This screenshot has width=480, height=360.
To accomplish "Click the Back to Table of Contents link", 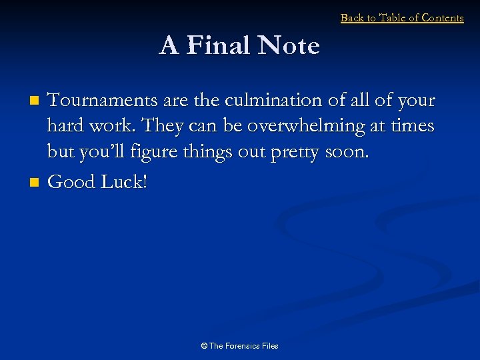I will (401, 18).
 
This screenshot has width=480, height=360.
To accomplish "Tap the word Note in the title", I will (289, 46).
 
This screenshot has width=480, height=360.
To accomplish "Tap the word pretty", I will (296, 152).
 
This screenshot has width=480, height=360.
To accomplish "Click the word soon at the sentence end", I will (346, 152).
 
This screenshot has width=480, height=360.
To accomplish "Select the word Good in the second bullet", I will (72, 181).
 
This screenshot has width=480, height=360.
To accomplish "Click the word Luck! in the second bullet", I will (124, 181).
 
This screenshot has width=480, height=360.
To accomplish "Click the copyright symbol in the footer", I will (204, 346).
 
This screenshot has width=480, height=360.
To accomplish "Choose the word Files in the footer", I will (270, 346).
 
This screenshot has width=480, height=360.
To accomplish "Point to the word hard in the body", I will (63, 126).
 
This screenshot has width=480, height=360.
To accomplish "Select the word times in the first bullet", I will (412, 126).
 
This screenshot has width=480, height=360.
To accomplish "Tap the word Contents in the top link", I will (441, 18).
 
